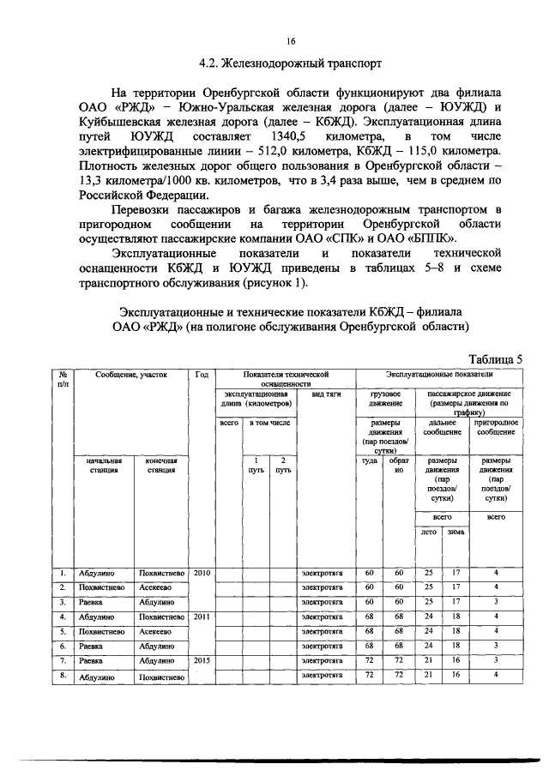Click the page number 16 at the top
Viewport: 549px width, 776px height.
[x=291, y=39]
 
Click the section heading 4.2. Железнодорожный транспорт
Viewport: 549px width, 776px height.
[x=291, y=63]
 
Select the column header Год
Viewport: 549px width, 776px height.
[x=202, y=375]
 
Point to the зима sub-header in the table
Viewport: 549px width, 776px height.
[x=455, y=532]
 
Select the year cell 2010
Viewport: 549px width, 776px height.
[x=202, y=572]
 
